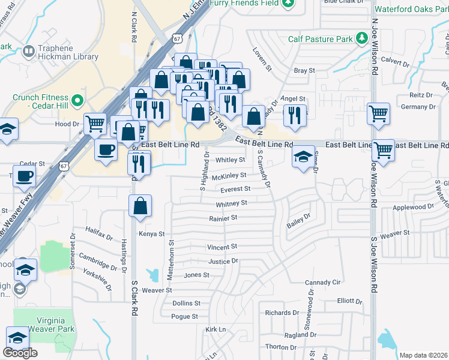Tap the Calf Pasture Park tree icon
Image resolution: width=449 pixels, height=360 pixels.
[x=361, y=40]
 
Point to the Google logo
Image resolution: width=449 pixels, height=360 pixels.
[x=20, y=353]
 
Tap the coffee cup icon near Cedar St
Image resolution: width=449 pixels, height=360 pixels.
[x=24, y=176]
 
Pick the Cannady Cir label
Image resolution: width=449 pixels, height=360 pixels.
[x=322, y=282]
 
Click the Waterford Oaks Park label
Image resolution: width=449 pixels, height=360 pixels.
[x=411, y=9]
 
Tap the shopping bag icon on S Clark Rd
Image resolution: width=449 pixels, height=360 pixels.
[x=140, y=206]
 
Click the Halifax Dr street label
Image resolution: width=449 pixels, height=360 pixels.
[x=99, y=232]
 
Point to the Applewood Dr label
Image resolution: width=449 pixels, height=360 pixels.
[x=412, y=207]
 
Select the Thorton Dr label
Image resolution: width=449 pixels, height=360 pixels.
[x=281, y=347]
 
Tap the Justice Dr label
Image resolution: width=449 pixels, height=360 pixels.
[x=223, y=262]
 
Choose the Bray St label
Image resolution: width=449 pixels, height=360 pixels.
[x=304, y=71]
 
